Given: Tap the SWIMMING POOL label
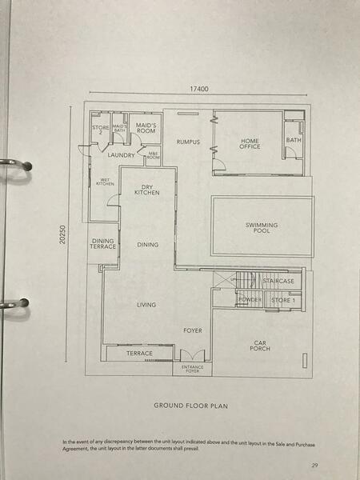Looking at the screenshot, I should coord(262,228).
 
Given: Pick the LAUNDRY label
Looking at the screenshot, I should coord(121,155).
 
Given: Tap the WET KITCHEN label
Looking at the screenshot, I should coord(105,182).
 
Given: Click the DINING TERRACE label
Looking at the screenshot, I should coord(103,244).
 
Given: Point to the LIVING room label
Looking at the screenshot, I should coord(146,305).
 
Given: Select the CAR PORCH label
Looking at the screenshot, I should coord(259,346).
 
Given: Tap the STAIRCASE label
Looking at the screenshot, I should coord(279,282).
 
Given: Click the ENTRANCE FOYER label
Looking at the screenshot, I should coord(193,369).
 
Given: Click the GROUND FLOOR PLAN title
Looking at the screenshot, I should coord(191,406).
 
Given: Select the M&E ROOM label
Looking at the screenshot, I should coord(154,157).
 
